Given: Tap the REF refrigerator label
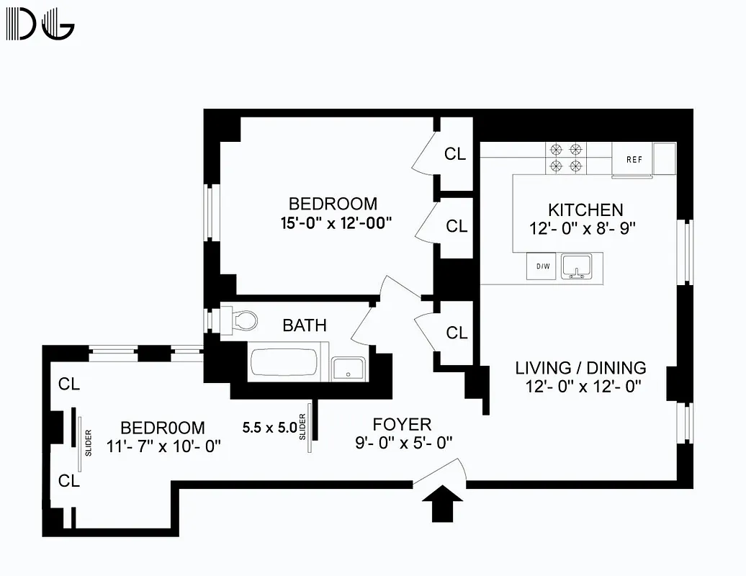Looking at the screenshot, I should [634, 160].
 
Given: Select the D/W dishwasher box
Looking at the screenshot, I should [542, 266].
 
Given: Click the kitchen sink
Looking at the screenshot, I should [576, 266].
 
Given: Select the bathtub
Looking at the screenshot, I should [283, 364].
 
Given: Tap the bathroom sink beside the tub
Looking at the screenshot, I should [348, 368].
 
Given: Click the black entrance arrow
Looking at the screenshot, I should [440, 503].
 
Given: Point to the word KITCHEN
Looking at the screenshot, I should [585, 210].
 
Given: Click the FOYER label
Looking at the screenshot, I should [402, 424].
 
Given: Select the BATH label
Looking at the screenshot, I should [304, 325].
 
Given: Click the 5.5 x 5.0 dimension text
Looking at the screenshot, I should [269, 428].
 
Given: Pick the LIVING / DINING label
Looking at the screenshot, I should [580, 368].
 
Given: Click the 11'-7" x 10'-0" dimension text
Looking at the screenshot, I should [163, 446].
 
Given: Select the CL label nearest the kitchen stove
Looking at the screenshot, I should [455, 153].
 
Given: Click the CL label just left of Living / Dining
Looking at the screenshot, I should [457, 333].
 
